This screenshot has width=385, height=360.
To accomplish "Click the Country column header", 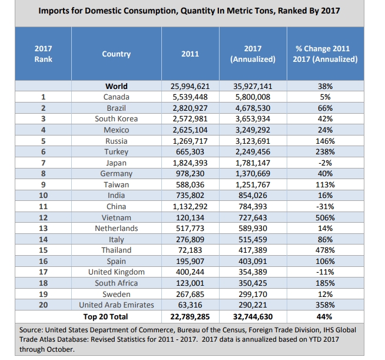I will (116, 54).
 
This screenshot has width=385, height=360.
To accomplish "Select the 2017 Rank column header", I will (44, 54).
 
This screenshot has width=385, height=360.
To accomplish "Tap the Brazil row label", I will (117, 108).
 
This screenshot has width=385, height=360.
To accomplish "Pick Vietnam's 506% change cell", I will (325, 217).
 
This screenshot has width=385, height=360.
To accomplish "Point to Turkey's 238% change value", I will (325, 151).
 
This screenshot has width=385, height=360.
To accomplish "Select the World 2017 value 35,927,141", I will (253, 86).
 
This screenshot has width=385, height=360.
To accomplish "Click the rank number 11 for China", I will (44, 206).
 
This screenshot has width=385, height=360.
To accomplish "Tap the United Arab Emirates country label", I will (117, 305).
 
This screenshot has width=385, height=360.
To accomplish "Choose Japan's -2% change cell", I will (325, 163).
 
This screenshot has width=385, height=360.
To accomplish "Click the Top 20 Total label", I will (115, 316).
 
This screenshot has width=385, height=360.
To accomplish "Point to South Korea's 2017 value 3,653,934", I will (253, 118).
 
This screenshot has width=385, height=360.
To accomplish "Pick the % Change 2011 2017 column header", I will (325, 54).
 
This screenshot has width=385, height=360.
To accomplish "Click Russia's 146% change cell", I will (325, 141).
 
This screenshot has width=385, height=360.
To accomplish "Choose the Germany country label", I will (117, 174).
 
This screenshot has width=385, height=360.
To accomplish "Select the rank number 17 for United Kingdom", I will (44, 272).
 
